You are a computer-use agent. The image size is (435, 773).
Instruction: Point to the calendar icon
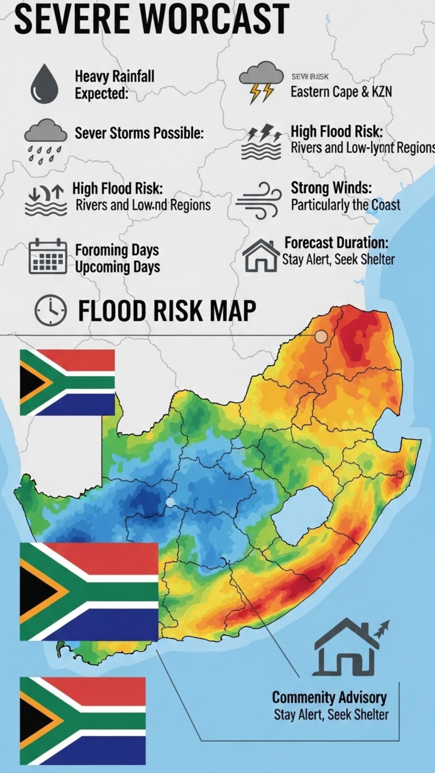[48, 256]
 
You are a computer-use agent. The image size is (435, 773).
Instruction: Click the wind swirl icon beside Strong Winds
[258, 200]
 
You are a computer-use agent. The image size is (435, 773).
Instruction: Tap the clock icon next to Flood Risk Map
[51, 310]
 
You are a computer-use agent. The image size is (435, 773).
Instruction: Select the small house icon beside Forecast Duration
[260, 256]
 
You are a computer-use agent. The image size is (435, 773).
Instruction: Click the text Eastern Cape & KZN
[341, 92]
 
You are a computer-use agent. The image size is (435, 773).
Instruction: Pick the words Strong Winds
[331, 188]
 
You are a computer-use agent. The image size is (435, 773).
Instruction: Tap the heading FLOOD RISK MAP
[167, 310]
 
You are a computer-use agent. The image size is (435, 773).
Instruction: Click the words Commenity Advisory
[329, 698]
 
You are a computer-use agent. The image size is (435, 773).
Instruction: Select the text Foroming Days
[117, 250]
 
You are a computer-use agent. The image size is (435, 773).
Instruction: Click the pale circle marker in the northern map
[321, 337]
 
